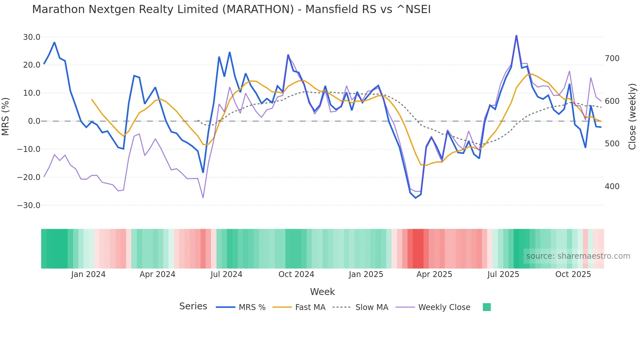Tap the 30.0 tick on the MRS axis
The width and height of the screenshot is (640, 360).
[32, 37]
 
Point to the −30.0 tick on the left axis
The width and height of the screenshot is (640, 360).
[29, 205]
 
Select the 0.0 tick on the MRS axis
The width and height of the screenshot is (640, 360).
[34, 121]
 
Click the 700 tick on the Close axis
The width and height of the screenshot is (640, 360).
[612, 58]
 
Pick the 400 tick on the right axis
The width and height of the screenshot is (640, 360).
[612, 187]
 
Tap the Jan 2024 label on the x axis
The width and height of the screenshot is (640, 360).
[88, 274]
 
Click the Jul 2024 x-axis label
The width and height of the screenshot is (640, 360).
[226, 274]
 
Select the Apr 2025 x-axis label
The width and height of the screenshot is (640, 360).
[434, 274]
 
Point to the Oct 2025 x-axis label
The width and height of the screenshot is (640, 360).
[573, 274]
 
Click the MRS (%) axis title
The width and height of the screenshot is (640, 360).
[6, 116]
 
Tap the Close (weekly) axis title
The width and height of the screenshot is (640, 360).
[632, 117]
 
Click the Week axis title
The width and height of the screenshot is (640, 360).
[322, 292]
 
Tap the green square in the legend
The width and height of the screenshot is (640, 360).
[487, 307]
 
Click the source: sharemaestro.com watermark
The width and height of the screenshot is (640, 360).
[578, 256]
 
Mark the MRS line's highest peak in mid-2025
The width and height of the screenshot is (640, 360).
[516, 35]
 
